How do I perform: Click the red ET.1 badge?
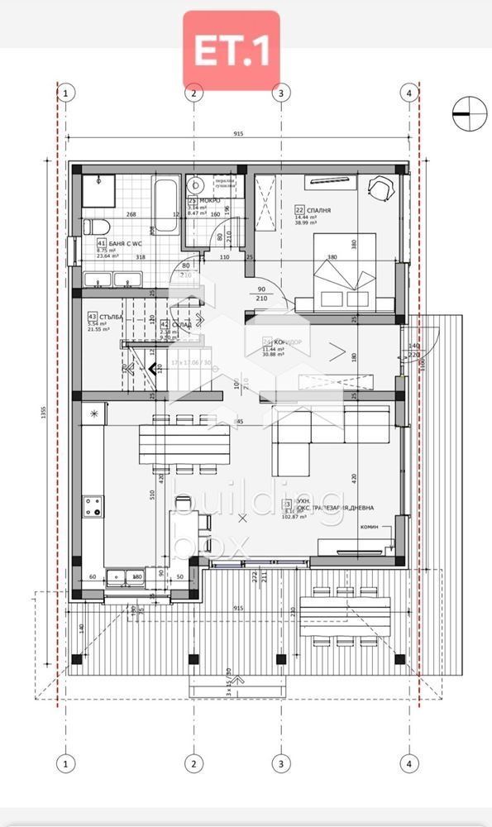[x=231, y=50]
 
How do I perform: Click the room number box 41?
[x=102, y=244]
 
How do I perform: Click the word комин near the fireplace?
[x=370, y=527]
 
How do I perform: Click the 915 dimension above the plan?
[x=237, y=134]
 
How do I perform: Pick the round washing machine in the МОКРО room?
[x=197, y=184]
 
